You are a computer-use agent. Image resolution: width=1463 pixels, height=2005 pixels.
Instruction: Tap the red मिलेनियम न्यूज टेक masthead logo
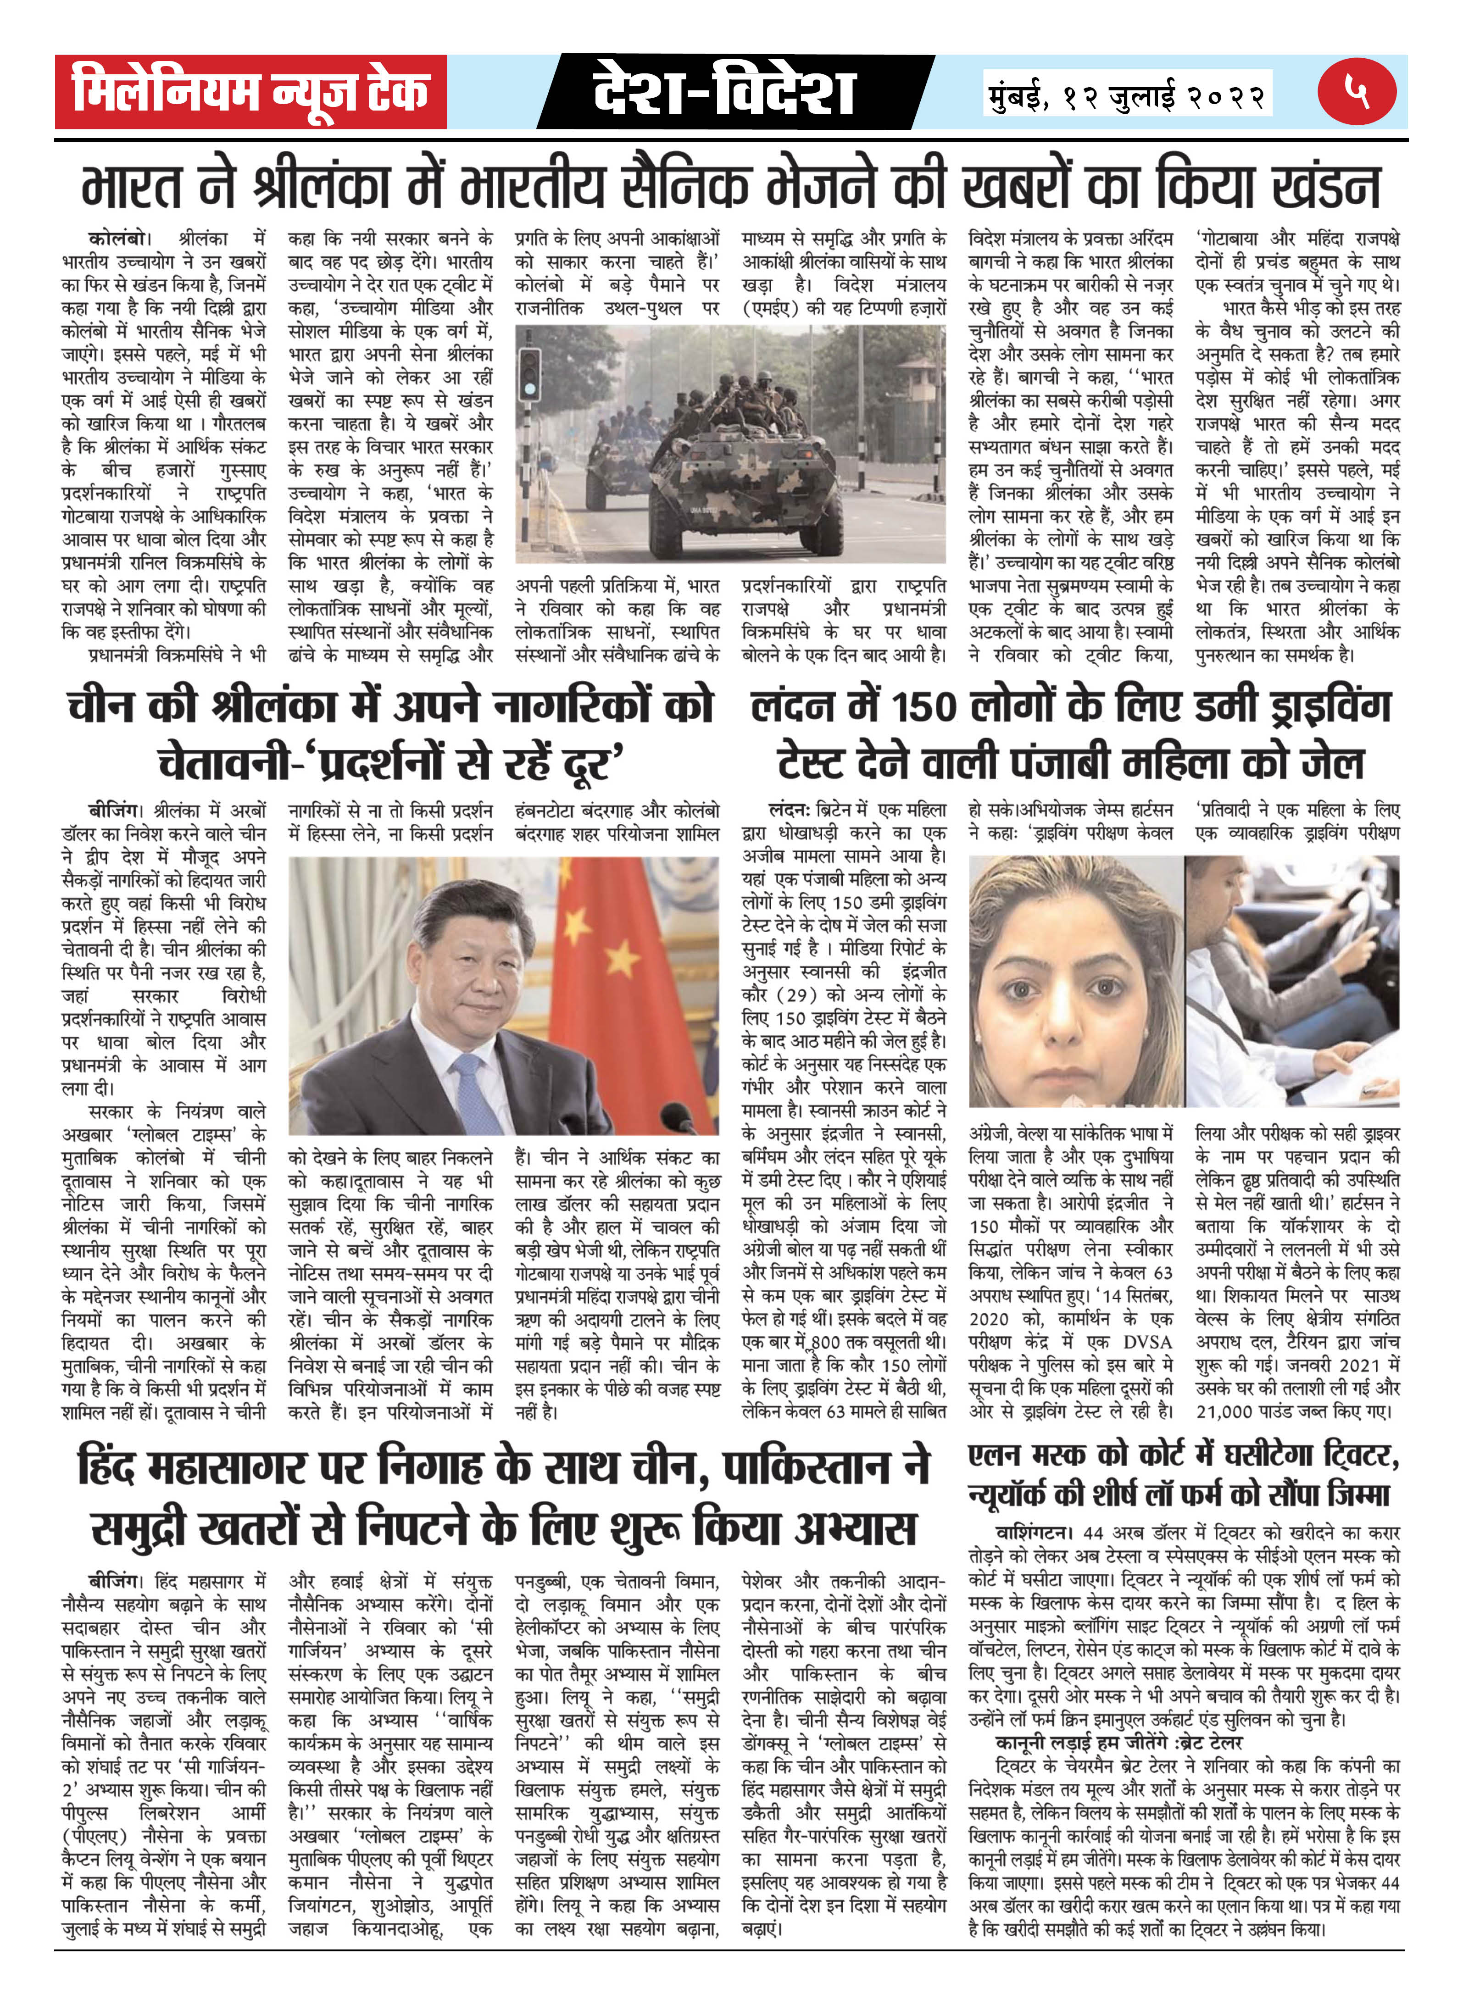250,92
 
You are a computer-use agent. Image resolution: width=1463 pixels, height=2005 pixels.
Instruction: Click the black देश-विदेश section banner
724,92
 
